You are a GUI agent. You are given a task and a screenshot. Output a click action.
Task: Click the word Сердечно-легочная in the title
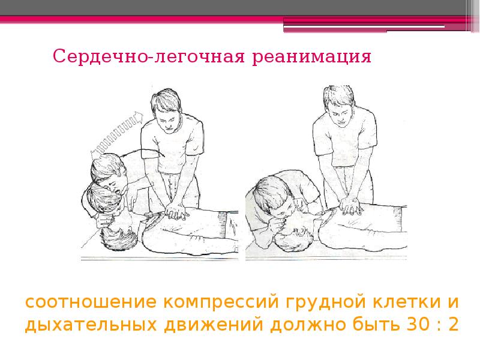(x=149, y=56)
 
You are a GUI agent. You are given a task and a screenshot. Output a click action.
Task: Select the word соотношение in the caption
(x=91, y=302)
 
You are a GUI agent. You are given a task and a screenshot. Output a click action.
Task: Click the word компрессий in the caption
(x=221, y=303)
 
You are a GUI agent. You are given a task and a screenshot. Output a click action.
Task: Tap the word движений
(x=214, y=325)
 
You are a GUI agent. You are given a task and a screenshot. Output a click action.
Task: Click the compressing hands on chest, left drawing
(x=175, y=211)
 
